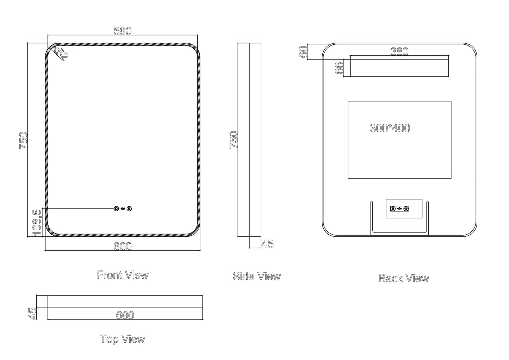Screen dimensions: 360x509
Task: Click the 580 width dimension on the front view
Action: [x=122, y=31]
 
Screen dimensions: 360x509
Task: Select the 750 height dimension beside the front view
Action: [x=23, y=140]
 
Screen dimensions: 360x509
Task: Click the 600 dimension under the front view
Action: [x=122, y=247]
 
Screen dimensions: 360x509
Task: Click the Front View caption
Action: [x=123, y=275]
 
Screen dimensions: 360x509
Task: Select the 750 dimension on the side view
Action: [x=234, y=139]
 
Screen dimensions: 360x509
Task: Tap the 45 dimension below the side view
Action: [x=267, y=244]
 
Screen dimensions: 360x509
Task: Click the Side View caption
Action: [x=257, y=276]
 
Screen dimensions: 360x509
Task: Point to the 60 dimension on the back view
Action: [x=303, y=52]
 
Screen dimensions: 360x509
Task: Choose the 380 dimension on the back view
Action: [x=399, y=51]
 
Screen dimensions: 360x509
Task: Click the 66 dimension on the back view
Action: [x=339, y=68]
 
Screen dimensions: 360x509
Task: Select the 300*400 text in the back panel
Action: [x=390, y=128]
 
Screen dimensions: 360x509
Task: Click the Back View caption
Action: [x=404, y=278]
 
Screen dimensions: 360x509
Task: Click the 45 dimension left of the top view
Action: [x=32, y=313]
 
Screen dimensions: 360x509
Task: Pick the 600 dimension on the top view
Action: [x=125, y=315]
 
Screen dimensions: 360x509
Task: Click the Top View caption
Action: [x=122, y=339]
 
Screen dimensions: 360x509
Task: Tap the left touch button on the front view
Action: [x=116, y=209]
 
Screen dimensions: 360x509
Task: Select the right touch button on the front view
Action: [x=130, y=209]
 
